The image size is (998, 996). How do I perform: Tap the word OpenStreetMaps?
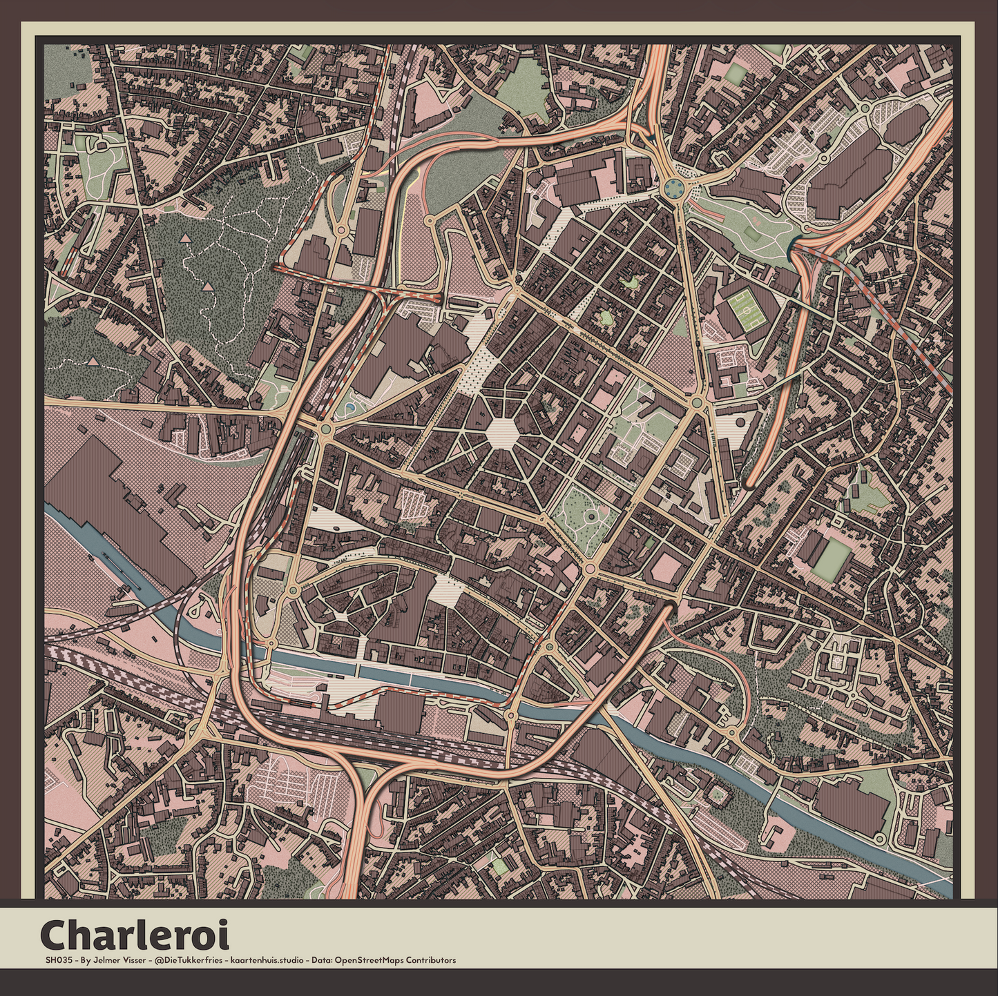[369, 960]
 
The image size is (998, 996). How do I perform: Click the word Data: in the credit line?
[322, 960]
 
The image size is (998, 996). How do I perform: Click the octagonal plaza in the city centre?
[502, 433]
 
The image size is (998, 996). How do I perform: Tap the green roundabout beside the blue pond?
[326, 431]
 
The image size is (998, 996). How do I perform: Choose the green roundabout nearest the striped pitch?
[696, 402]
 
